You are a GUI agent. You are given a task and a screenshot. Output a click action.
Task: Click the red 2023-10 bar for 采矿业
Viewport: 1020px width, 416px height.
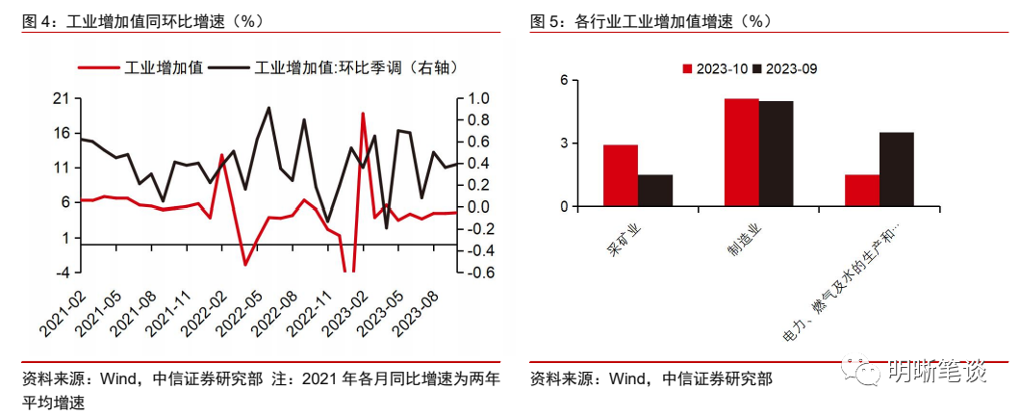(621, 175)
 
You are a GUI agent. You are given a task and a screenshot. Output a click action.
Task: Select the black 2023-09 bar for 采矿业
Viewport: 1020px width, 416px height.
(655, 190)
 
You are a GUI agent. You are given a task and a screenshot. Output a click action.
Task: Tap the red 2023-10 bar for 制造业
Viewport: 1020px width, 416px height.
(741, 152)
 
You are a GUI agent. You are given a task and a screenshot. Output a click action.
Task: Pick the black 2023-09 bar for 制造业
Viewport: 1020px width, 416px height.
(776, 153)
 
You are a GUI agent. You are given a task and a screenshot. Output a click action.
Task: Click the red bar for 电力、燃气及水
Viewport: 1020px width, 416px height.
(862, 190)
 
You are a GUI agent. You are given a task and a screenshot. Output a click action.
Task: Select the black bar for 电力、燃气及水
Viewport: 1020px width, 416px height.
(897, 169)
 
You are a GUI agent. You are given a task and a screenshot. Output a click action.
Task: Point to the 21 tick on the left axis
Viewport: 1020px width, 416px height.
(62, 98)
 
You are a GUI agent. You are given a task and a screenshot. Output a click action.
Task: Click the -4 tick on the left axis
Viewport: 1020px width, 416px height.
(64, 273)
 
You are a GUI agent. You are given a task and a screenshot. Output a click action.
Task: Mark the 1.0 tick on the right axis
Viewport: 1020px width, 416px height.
(478, 98)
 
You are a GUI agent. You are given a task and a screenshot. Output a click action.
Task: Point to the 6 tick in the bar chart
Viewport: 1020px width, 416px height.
(565, 80)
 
